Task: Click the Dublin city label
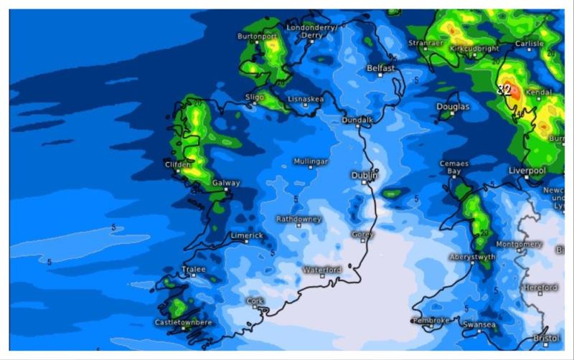(364, 175)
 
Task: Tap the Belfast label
(381, 68)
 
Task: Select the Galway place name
(226, 184)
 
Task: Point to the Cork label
(255, 301)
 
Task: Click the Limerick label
(247, 235)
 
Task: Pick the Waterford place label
(322, 270)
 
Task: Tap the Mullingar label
(311, 162)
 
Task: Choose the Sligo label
(255, 96)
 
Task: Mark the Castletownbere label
(183, 322)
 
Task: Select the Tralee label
(194, 270)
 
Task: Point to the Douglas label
(453, 107)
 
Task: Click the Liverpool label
(527, 171)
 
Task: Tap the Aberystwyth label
(472, 257)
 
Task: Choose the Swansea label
(479, 325)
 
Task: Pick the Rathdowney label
(299, 219)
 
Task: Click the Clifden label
(178, 164)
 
